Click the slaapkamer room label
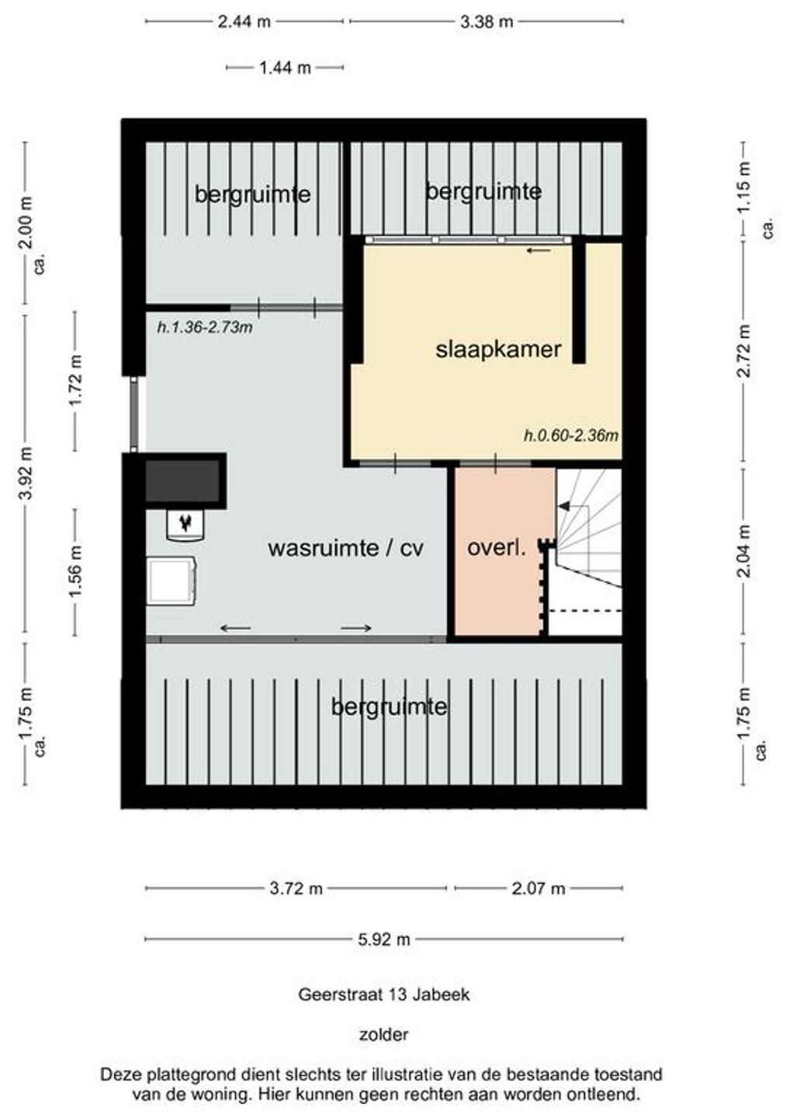(498, 349)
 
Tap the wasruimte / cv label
(345, 548)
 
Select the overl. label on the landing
(497, 548)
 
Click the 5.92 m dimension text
(384, 939)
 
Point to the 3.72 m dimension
(296, 888)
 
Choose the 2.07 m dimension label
(538, 888)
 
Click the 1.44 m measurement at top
(285, 68)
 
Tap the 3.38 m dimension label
(487, 22)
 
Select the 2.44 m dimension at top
(244, 22)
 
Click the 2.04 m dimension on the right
(743, 550)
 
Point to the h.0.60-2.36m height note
(571, 436)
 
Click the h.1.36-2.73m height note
(204, 328)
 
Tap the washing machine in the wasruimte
(171, 582)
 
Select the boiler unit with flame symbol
(185, 525)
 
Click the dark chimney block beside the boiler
(182, 481)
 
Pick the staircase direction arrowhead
(563, 506)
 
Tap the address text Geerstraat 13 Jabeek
(383, 995)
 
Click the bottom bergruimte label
(389, 707)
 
